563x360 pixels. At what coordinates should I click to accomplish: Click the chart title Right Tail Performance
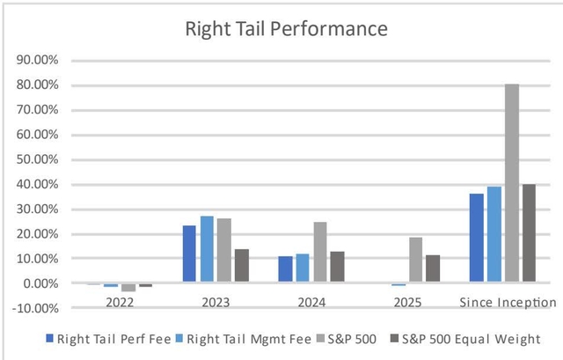pos(285,28)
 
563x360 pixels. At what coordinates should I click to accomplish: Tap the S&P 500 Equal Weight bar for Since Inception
pos(528,234)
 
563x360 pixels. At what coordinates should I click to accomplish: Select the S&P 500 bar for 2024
pos(319,253)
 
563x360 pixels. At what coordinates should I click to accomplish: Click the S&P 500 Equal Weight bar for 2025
pos(432,269)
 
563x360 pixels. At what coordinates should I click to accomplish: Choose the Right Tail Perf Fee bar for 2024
pos(285,270)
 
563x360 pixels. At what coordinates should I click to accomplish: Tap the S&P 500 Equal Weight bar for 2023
pos(241,267)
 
